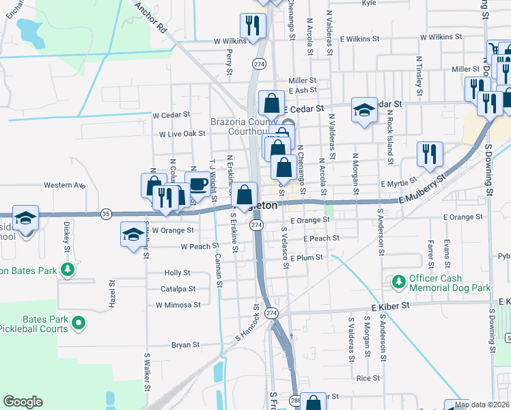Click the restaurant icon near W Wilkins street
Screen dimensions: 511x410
click(x=255, y=26)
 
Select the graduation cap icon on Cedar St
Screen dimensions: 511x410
click(x=364, y=109)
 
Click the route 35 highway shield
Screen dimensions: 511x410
click(x=106, y=213)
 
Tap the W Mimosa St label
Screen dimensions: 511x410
click(x=178, y=305)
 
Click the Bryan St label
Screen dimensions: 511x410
click(x=185, y=345)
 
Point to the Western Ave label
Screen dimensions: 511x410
click(x=64, y=184)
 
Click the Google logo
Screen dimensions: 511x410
click(x=23, y=402)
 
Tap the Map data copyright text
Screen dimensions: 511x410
click(x=482, y=405)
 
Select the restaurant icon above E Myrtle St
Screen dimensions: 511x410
click(x=429, y=154)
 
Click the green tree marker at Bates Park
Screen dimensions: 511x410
click(x=67, y=270)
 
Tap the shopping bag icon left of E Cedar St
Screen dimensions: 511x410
click(x=272, y=104)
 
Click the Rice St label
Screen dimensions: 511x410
click(x=368, y=377)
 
